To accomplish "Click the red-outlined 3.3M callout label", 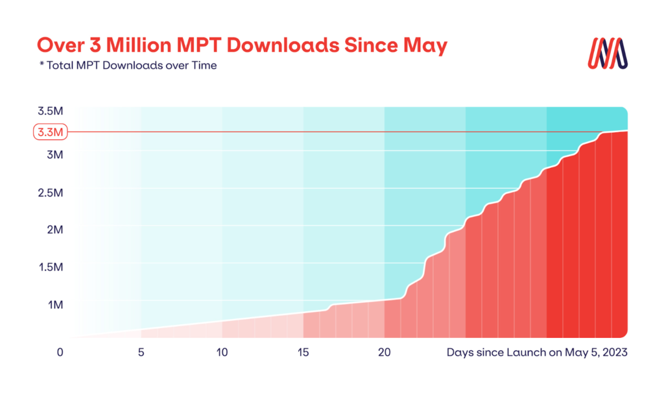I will click(x=49, y=132).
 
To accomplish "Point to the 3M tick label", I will click(x=54, y=155).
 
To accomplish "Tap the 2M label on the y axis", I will click(x=54, y=230).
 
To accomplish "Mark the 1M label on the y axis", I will click(x=54, y=305).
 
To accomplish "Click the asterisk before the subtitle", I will click(x=41, y=65).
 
